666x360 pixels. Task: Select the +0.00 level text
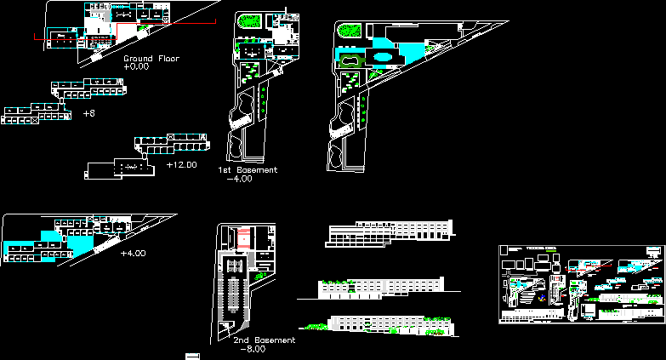136,66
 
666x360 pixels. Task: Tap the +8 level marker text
88,112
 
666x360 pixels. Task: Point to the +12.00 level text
181,164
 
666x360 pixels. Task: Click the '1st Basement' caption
247,170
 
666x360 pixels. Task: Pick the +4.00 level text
134,254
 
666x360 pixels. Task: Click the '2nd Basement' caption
264,340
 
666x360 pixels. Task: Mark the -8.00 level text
253,349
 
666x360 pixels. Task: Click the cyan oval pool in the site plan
383,58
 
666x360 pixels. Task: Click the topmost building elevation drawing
390,232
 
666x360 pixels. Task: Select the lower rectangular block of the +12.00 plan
118,169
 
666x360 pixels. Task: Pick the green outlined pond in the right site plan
349,60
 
